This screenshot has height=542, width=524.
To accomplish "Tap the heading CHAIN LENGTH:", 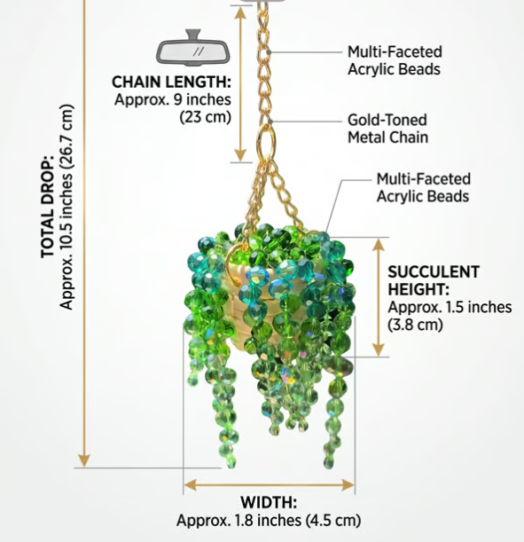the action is [x=171, y=82].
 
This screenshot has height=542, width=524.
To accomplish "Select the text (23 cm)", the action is [x=205, y=117].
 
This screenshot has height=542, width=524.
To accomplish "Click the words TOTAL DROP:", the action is [x=48, y=207].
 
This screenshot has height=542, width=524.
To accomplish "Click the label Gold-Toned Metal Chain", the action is [x=388, y=129].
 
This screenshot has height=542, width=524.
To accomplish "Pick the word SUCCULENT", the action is [x=434, y=271].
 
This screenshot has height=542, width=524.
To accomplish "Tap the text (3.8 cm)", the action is [x=415, y=325].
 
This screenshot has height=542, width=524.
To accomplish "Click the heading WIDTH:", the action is [x=269, y=502].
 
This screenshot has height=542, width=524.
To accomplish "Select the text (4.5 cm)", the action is [x=333, y=520].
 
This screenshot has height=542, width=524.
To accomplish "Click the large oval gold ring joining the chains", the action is [x=267, y=143].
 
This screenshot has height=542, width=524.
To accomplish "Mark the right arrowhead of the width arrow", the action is [x=348, y=484].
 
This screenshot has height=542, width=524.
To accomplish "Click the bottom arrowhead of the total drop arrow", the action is [x=84, y=460].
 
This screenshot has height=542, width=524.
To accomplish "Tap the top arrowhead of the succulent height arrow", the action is [x=379, y=245].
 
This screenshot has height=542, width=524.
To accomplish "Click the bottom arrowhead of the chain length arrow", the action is [x=240, y=155].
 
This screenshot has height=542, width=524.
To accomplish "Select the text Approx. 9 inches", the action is [x=173, y=99].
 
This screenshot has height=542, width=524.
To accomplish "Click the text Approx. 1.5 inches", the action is [x=450, y=307].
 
